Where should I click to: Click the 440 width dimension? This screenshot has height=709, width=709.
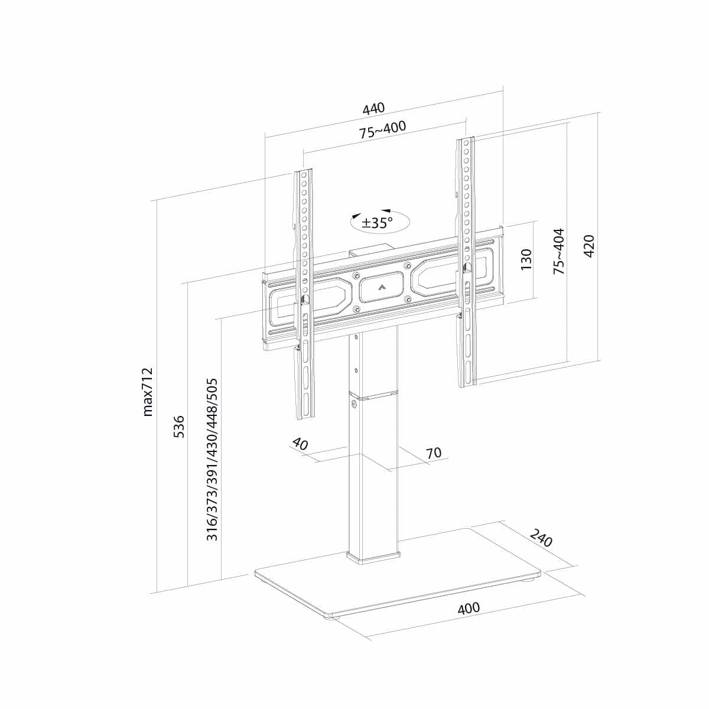click(x=373, y=108)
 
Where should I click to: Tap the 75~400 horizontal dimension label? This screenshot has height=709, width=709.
click(x=383, y=129)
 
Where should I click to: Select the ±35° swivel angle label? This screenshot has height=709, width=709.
click(x=377, y=223)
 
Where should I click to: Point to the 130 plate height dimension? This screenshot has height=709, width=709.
click(x=526, y=259)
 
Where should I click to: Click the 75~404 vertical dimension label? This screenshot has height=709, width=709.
click(x=558, y=251)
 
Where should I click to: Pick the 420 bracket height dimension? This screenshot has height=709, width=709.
click(x=588, y=246)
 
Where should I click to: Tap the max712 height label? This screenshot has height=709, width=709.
click(x=148, y=392)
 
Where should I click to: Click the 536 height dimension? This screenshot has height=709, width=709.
click(x=179, y=427)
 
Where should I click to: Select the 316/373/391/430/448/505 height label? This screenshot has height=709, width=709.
click(x=212, y=460)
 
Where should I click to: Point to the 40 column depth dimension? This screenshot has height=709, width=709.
click(x=300, y=444)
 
